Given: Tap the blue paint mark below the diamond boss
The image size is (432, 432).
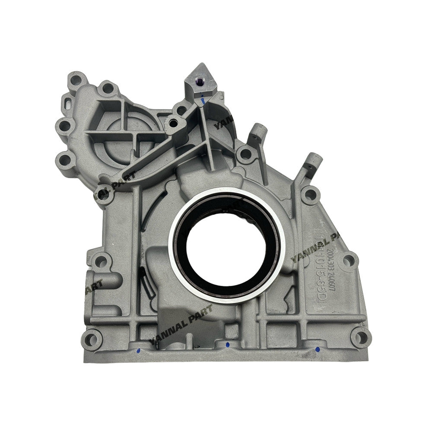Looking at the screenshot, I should coord(202,101).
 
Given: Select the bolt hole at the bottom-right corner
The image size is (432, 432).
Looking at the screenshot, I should coord(361,337).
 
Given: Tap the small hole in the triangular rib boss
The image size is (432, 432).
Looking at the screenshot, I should coord(172,123).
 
